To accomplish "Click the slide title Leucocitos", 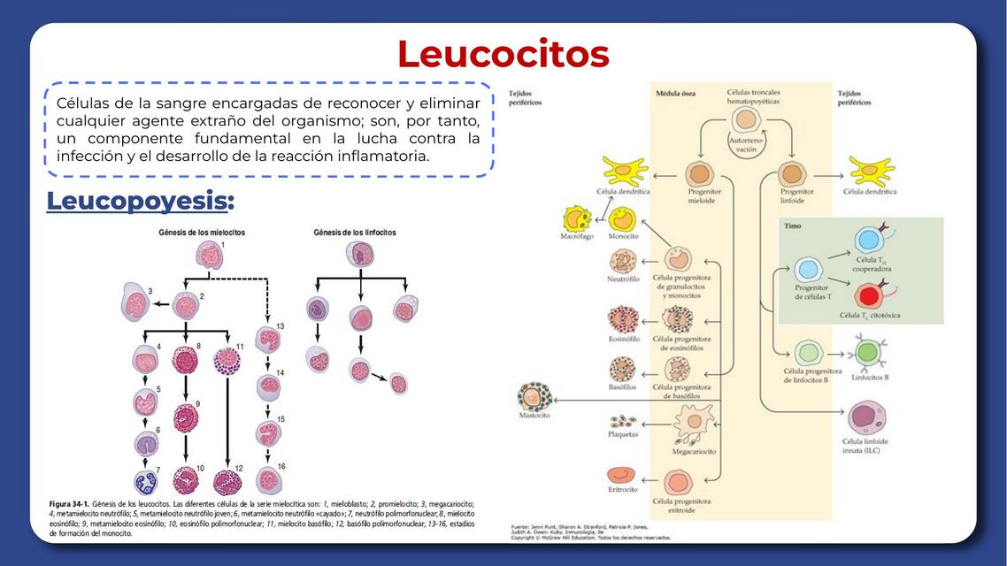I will (503, 54).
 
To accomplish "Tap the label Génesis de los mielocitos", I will (202, 233).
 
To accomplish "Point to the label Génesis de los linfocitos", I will (355, 233).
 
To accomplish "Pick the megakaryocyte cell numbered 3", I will (136, 304).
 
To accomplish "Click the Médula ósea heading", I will (674, 93).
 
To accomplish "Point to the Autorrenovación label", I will (746, 145).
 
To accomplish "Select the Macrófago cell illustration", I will (577, 218).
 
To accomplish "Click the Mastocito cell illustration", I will (535, 397).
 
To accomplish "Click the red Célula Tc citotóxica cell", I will (868, 294).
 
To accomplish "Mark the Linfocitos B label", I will (870, 378).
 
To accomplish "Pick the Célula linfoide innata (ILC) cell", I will (865, 417).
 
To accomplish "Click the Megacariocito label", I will (695, 451).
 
